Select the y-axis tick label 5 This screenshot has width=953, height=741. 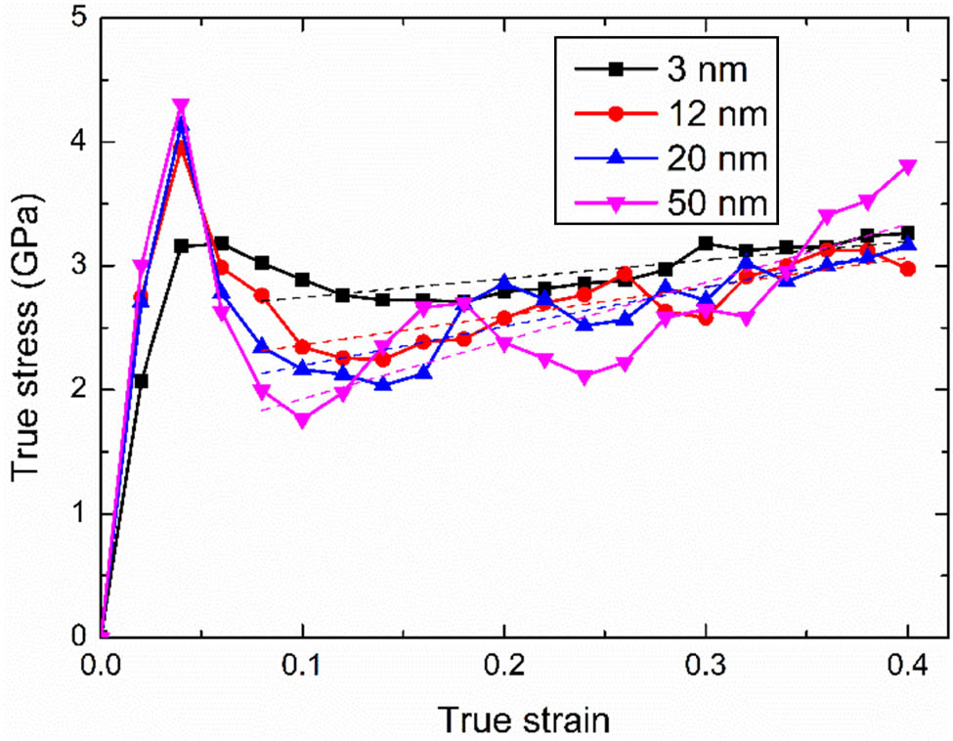pyautogui.click(x=79, y=19)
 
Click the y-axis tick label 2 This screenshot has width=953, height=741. pyautogui.click(x=79, y=389)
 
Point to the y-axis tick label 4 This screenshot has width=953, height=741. pyautogui.click(x=79, y=143)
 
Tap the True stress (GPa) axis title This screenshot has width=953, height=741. pyautogui.click(x=26, y=327)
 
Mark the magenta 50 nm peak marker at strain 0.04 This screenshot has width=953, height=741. pyautogui.click(x=181, y=106)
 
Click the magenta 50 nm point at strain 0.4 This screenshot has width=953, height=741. pyautogui.click(x=907, y=167)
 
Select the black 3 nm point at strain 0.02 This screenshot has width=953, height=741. pyautogui.click(x=141, y=381)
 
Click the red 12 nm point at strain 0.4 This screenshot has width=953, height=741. pyautogui.click(x=907, y=269)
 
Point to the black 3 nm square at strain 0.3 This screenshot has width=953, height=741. pyautogui.click(x=706, y=243)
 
